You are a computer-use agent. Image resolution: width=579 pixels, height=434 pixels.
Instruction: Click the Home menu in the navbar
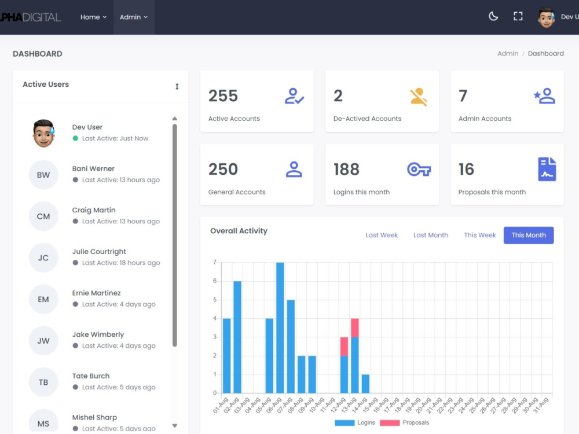click(93, 17)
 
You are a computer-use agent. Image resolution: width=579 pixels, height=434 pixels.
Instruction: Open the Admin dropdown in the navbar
click(133, 17)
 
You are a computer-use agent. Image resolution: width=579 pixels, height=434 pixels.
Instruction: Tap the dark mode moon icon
click(493, 16)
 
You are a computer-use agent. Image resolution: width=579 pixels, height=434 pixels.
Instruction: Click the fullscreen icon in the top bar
click(518, 16)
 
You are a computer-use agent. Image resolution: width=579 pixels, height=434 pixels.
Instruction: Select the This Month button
click(529, 235)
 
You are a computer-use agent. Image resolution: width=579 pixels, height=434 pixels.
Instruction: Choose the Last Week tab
click(382, 235)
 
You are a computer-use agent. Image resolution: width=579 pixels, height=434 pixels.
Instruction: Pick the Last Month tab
click(431, 235)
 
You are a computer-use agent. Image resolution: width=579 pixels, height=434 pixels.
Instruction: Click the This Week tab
click(479, 235)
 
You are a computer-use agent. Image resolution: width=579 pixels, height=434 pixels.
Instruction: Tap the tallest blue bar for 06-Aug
click(280, 328)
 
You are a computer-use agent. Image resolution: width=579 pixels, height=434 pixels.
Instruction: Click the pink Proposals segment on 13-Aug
click(355, 328)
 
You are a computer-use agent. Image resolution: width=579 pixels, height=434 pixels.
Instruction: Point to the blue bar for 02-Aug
click(237, 337)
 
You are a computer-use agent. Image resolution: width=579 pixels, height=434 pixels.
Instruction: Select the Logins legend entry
click(355, 422)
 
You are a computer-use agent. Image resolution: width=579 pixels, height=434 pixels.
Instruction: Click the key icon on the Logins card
click(419, 170)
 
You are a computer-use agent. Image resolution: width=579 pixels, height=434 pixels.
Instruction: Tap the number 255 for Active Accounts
click(223, 96)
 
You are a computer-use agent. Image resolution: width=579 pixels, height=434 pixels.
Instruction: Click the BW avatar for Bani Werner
click(43, 175)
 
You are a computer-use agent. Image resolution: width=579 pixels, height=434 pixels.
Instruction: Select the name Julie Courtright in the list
click(99, 251)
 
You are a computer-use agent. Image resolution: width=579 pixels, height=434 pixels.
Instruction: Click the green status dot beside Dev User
click(75, 138)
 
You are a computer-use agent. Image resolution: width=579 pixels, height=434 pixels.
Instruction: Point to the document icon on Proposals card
click(547, 169)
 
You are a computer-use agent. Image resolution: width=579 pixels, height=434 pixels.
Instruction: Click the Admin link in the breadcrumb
click(508, 53)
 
